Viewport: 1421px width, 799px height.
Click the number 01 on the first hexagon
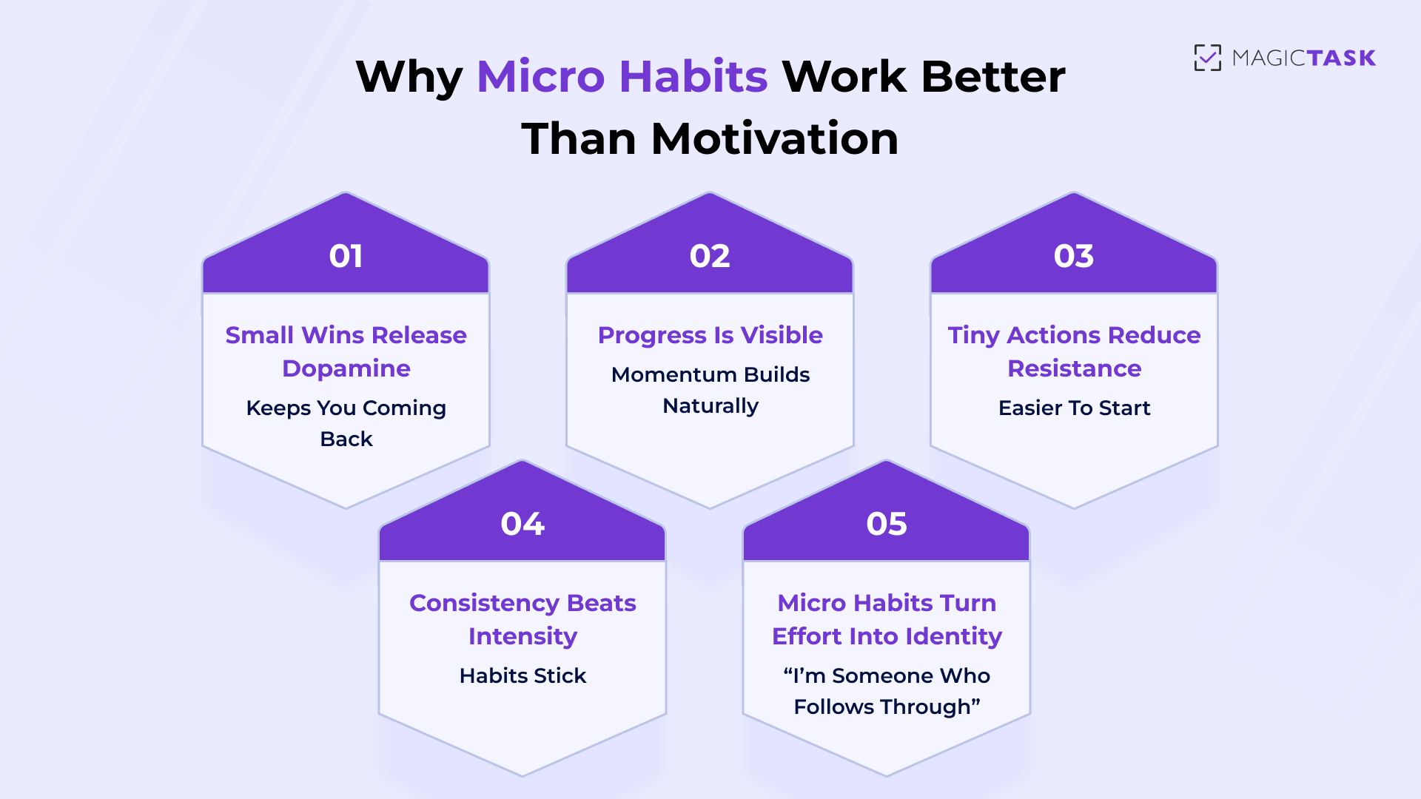pos(346,256)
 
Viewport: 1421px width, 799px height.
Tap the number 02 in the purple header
pos(710,256)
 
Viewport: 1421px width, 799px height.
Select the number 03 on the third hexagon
pos(1073,256)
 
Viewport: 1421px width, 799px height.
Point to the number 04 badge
pos(523,524)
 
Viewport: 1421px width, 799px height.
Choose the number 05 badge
pos(886,524)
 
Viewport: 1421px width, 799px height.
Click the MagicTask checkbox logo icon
pos(1207,58)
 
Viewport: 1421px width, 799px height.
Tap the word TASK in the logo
pos(1340,58)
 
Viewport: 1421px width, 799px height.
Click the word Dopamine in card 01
pos(346,368)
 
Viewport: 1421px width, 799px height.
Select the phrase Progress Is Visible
pos(710,335)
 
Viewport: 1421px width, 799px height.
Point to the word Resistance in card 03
pos(1074,368)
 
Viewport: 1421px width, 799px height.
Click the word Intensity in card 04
pos(523,636)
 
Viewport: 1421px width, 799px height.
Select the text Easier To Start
pos(1074,408)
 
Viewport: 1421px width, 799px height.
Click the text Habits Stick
pos(523,675)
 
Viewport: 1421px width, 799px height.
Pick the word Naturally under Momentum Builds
pos(710,406)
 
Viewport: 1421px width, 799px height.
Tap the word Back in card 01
pos(346,439)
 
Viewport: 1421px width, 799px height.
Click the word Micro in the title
pos(541,76)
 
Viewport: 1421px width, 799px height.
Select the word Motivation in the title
pos(774,138)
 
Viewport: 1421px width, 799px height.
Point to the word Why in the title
pos(409,76)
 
